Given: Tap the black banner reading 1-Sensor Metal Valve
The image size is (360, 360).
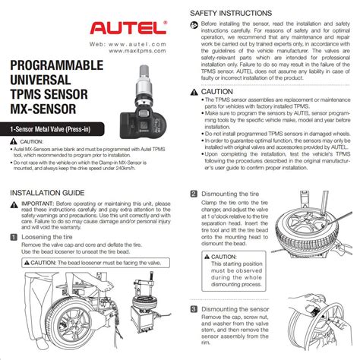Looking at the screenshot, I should point(55,131).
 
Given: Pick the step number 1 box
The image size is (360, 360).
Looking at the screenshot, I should point(15,237).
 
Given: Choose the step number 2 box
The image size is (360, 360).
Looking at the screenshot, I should point(194,194).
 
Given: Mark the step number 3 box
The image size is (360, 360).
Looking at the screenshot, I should point(194,309).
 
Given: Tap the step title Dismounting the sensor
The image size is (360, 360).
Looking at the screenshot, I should point(236,309).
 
